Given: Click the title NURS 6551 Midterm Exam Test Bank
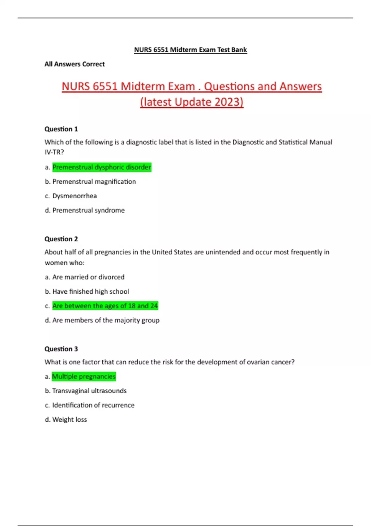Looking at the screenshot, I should tap(190, 50).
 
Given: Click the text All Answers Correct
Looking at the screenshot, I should tap(75, 64).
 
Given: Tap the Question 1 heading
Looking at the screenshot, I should tap(61, 129).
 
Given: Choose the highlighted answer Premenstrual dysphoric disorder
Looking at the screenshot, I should tap(102, 167).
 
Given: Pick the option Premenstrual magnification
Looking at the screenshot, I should tap(94, 182).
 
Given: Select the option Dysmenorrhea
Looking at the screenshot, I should tap(75, 196).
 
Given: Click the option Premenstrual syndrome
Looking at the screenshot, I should tap(88, 210).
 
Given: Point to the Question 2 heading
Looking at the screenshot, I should tap(61, 239).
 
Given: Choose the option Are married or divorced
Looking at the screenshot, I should tap(88, 277).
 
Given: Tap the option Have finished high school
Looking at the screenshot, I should tap(91, 291).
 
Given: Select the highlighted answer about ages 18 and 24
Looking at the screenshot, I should tap(105, 306).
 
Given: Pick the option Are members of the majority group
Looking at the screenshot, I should tap(106, 320).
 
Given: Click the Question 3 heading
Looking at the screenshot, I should tap(61, 349).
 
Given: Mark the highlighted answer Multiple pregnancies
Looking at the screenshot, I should tap(84, 377).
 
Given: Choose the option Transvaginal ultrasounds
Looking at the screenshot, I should tap(89, 391).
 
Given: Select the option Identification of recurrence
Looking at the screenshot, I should tap(93, 405).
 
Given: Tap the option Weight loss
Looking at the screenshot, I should tap(70, 420).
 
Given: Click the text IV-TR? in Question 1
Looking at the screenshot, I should tap(54, 152).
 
